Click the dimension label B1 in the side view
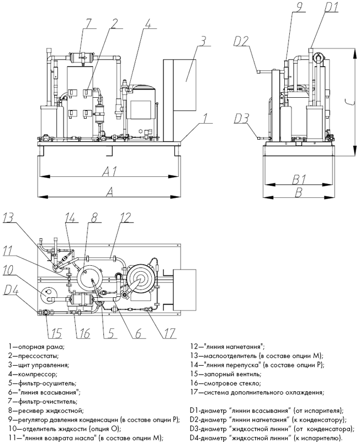point(299,179)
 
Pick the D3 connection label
point(241,119)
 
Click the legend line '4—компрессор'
point(33,375)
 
